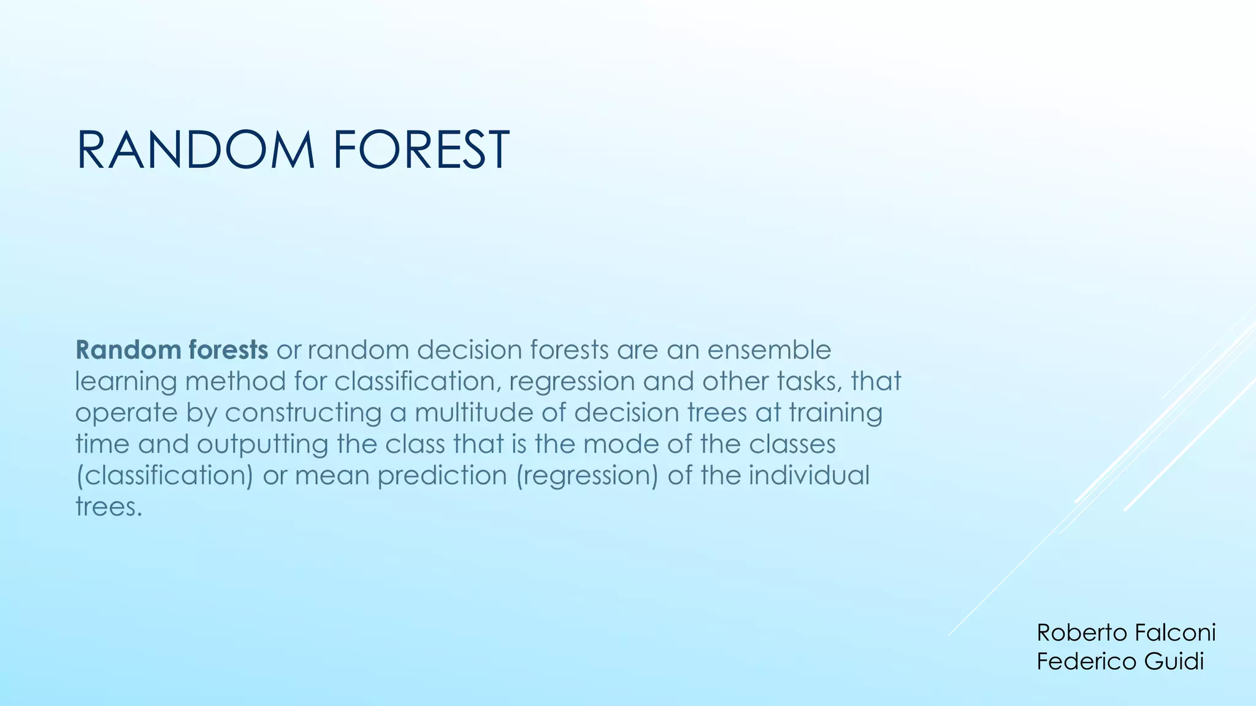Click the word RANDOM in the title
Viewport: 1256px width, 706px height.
(x=195, y=150)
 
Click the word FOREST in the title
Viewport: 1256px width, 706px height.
(x=421, y=150)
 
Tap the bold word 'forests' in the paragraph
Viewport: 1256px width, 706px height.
(x=228, y=350)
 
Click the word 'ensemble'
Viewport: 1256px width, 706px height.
(x=769, y=350)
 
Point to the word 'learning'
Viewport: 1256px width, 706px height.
(x=126, y=381)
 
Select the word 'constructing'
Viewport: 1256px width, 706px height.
(x=303, y=412)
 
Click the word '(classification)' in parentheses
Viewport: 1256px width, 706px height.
(x=164, y=476)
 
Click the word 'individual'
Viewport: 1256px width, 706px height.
(x=809, y=476)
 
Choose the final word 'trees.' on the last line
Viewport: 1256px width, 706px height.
(x=109, y=507)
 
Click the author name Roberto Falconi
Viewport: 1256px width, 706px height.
(x=1126, y=632)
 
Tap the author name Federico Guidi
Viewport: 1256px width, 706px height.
(x=1120, y=662)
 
